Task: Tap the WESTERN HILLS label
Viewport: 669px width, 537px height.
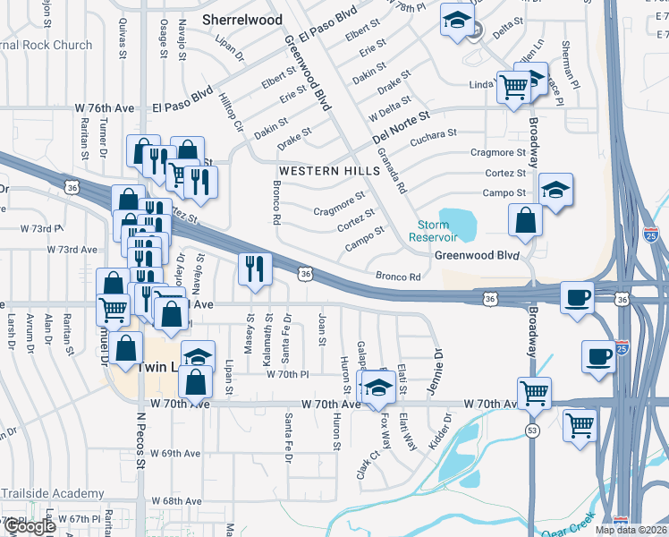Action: tap(320, 171)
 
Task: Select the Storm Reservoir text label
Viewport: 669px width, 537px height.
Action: tap(433, 231)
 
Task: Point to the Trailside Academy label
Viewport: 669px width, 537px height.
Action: tap(53, 494)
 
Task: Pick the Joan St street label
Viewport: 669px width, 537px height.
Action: tap(321, 328)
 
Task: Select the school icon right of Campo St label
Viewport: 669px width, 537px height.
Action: tap(555, 190)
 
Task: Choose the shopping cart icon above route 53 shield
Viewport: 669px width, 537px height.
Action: tap(534, 391)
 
